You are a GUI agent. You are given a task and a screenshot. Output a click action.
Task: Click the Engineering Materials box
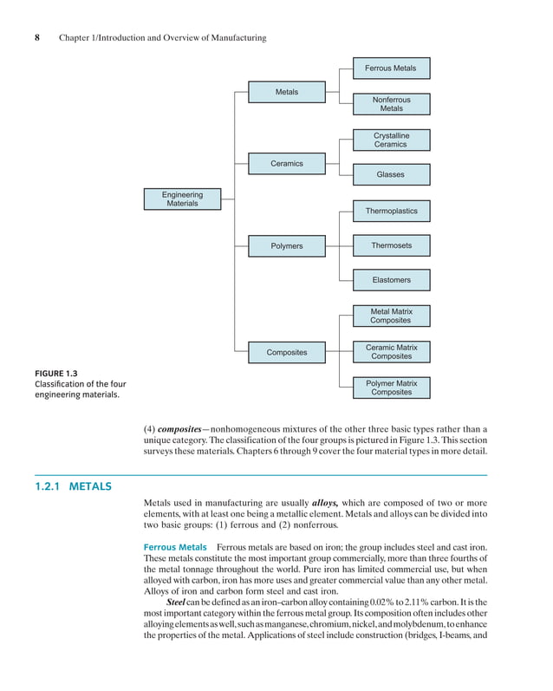182,199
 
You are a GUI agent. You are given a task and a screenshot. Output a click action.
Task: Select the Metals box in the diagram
287,92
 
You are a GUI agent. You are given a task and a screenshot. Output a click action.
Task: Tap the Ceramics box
287,163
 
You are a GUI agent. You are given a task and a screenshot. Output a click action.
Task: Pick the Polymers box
287,246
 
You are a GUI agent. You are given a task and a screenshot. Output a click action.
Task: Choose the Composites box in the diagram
287,352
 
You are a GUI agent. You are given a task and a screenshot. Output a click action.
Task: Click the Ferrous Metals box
391,68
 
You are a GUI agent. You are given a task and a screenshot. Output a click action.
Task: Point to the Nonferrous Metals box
391,104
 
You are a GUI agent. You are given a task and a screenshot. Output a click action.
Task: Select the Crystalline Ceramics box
391,140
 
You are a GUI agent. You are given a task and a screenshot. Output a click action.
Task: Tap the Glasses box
391,174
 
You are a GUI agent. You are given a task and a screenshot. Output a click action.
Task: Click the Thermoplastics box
391,211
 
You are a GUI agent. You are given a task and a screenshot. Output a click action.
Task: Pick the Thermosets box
391,245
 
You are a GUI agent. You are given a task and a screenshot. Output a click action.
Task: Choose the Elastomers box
391,280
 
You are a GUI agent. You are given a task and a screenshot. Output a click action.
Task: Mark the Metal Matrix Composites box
391,316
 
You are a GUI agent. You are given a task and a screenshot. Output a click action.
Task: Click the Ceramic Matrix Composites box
391,351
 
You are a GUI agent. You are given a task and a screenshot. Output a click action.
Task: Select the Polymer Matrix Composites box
391,388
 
